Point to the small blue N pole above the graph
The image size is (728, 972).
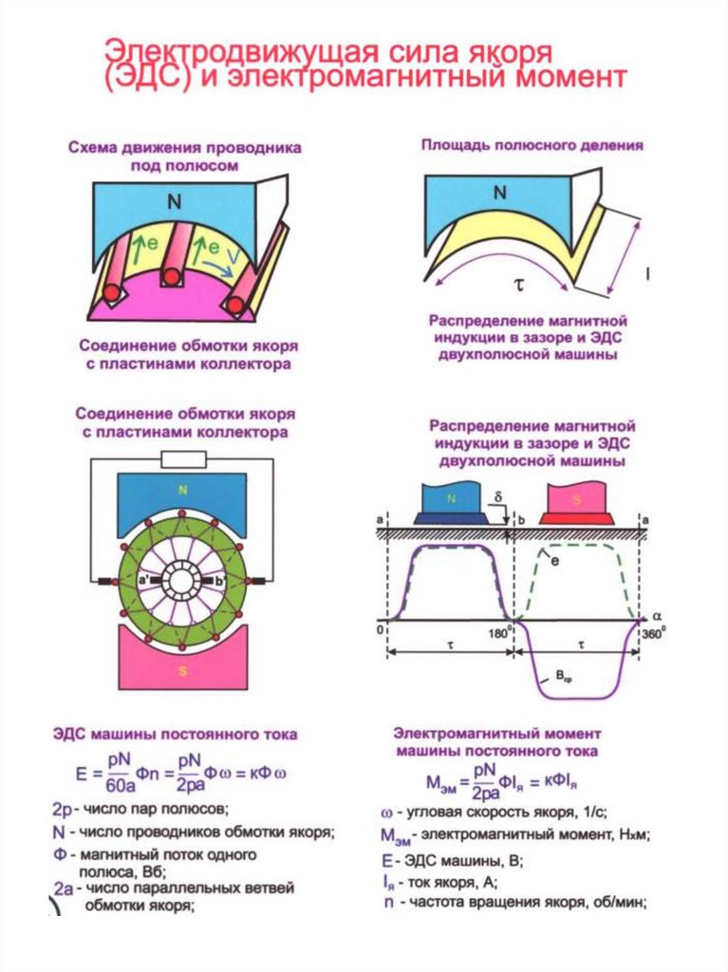452,499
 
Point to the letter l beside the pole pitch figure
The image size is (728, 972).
648,274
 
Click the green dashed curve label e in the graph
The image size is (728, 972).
555,562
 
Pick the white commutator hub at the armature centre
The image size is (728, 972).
180,580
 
